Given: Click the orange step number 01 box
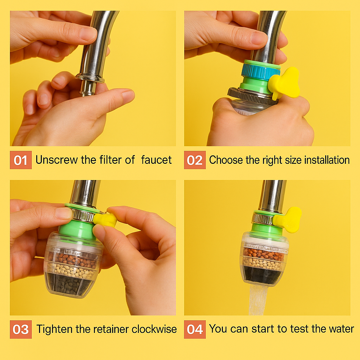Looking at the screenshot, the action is [21, 160].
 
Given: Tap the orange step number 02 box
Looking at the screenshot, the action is [195, 160].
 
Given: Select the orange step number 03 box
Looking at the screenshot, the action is [21, 329].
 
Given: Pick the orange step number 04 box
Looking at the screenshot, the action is [195, 329].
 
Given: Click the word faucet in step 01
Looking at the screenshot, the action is [156, 160].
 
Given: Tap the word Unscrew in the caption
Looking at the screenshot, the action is [57, 160].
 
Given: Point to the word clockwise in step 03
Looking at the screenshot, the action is [154, 329].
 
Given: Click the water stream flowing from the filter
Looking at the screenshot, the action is [258, 300].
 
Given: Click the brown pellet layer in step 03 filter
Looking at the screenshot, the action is [72, 259].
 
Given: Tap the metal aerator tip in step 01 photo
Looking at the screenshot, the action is [88, 88].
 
